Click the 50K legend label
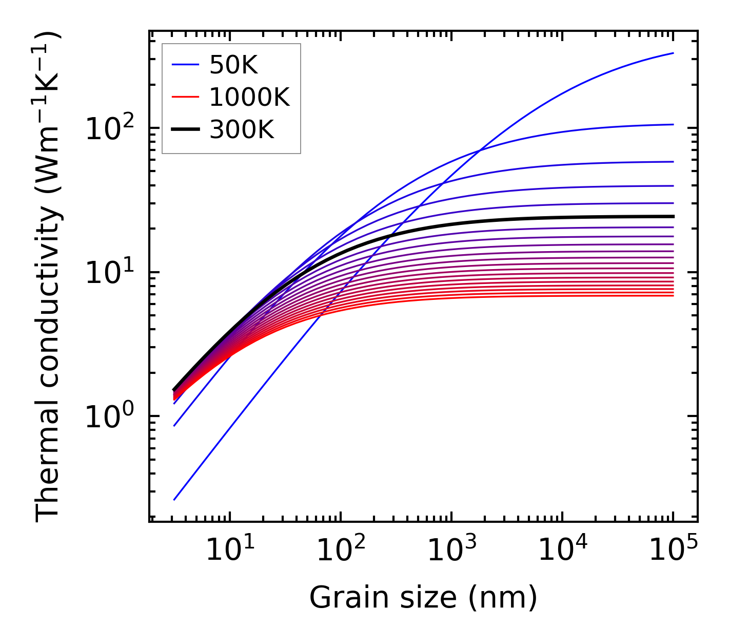coord(233,65)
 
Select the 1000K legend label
coord(249,97)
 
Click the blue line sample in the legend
coord(185,65)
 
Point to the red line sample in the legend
coord(185,97)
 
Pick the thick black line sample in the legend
coord(185,130)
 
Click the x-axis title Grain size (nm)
coord(423,598)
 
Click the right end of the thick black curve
coord(673,216)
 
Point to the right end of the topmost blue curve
coord(673,53)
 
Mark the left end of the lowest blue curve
coord(174,500)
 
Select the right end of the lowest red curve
coord(673,296)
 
